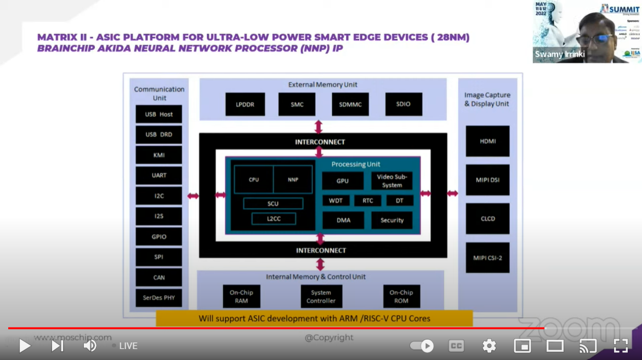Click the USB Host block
coord(159,114)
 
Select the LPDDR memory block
coord(245,104)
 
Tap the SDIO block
coord(403,104)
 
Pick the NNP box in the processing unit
coord(293,179)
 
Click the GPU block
coord(343,181)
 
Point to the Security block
coord(392,220)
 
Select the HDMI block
coord(487,141)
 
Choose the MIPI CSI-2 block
coord(487,258)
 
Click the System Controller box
coord(321,296)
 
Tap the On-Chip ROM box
coord(401,296)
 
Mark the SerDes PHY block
coord(159,298)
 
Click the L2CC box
coord(274,219)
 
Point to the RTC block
coord(367,201)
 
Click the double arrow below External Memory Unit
coord(319,127)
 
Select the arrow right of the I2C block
coord(193,196)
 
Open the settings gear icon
coord(489,346)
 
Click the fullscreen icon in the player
coord(621,346)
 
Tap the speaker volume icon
coord(90,346)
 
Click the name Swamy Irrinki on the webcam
coord(560,55)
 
